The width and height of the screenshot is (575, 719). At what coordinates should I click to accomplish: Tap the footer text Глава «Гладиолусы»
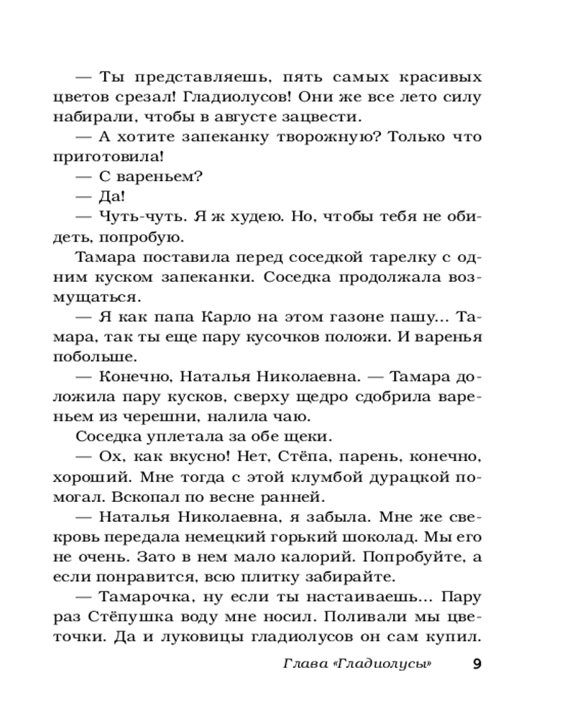pyautogui.click(x=357, y=664)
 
